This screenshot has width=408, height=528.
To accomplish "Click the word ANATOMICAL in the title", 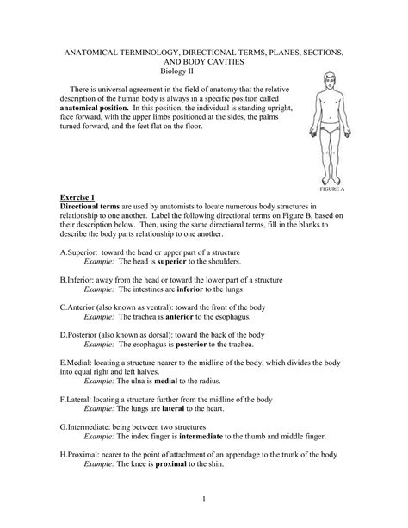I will (108, 53).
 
